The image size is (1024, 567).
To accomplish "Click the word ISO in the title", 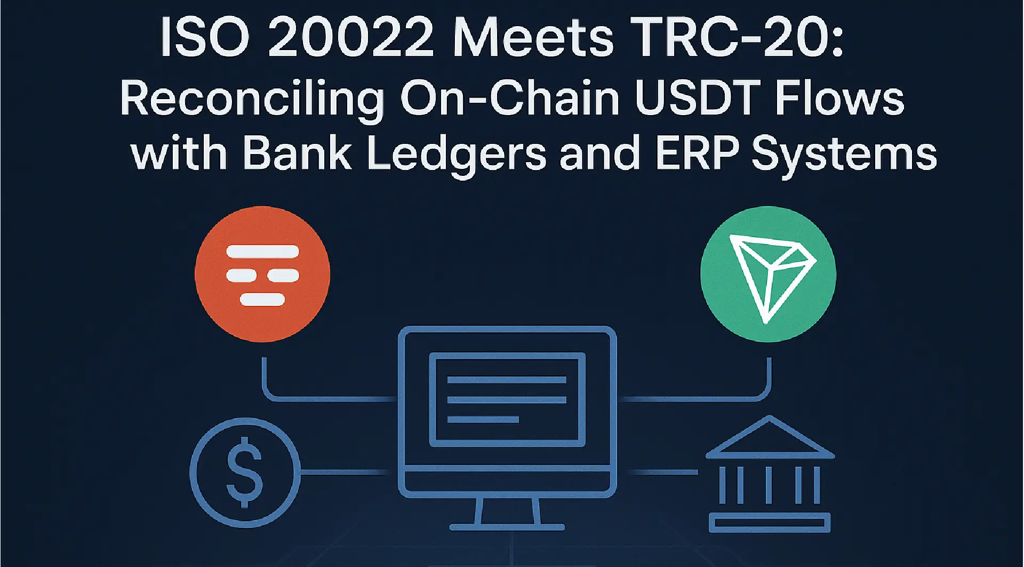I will [x=204, y=38].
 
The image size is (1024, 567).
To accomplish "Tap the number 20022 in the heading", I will [x=350, y=38].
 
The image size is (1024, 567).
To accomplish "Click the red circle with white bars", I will [x=262, y=274].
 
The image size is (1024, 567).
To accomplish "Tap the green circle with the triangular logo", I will [x=768, y=274].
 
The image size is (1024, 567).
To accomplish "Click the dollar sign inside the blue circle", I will [x=245, y=472].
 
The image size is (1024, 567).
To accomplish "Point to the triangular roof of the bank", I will [x=770, y=440].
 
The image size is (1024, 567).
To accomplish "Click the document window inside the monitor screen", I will [x=507, y=399].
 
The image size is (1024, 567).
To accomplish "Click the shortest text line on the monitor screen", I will [x=483, y=419].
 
